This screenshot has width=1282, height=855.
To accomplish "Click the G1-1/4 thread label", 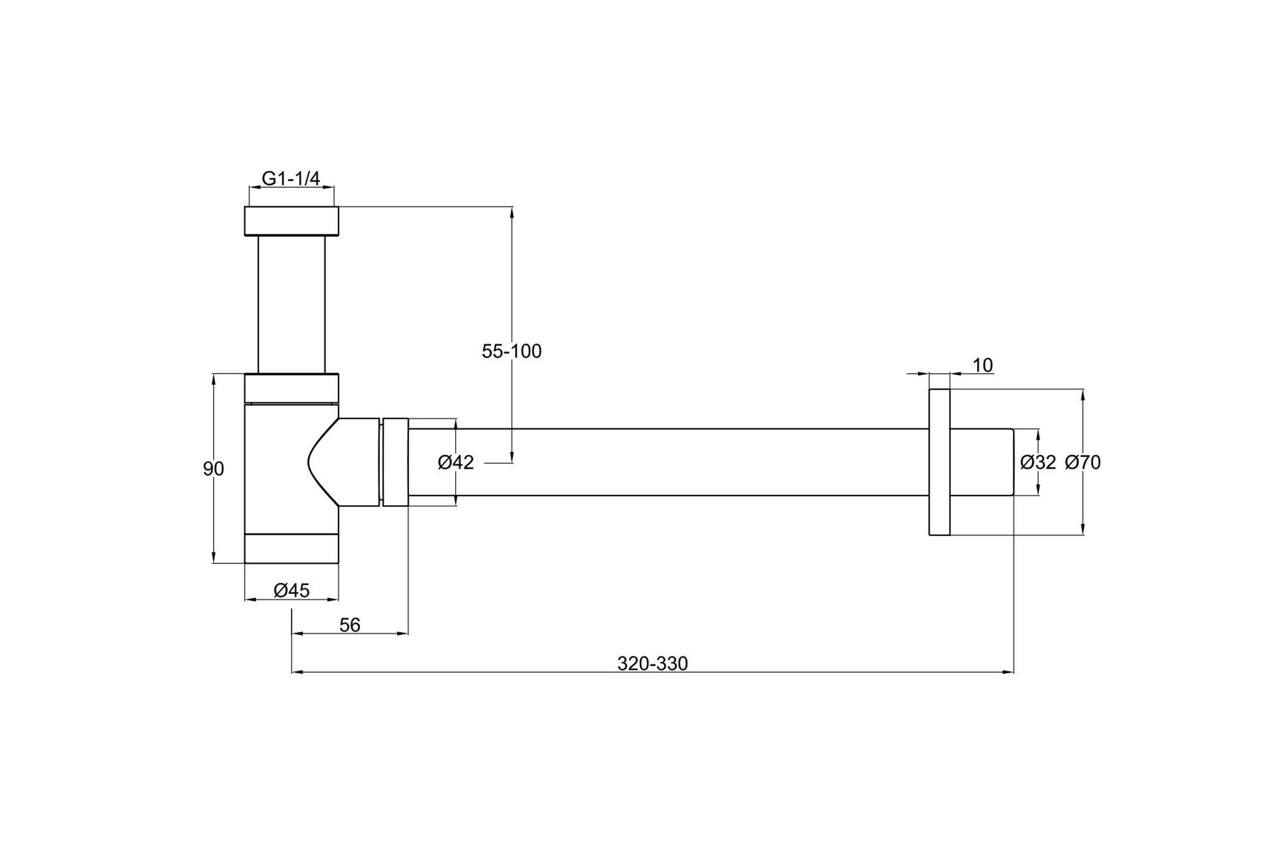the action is tap(291, 178).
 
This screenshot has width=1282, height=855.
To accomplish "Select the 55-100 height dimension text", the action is tap(512, 352).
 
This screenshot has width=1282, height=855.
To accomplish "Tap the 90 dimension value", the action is tap(214, 469).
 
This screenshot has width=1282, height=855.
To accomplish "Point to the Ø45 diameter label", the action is tap(292, 590).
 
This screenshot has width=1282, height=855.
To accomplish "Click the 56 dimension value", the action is tap(350, 626).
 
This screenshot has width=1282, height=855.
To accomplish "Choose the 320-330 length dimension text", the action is tap(652, 663).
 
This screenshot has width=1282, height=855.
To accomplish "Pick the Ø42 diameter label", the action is tap(456, 462).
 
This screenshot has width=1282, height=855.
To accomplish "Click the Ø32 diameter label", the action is tap(1038, 462).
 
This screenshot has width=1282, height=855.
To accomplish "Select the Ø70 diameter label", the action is tap(1083, 462).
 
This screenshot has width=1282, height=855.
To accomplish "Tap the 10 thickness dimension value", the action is tap(983, 365).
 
